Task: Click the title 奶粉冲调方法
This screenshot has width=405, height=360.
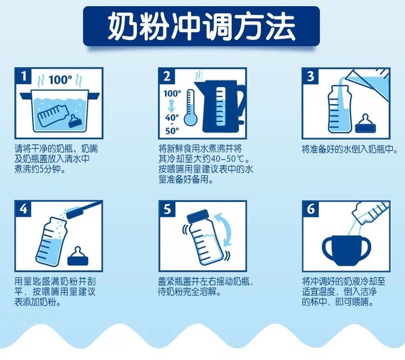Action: (x=201, y=26)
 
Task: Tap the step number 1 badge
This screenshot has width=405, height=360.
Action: (x=23, y=75)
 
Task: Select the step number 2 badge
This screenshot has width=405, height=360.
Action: (x=167, y=76)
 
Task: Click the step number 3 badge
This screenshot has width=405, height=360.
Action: (x=311, y=76)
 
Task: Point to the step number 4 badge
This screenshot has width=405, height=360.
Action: (x=23, y=209)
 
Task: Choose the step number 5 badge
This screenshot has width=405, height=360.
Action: (x=167, y=209)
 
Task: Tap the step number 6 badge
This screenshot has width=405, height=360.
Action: (x=311, y=209)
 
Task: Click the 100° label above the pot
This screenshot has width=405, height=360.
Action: (x=60, y=79)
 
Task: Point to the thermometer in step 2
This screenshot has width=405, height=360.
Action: (x=191, y=107)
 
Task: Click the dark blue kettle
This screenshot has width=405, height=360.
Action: (x=220, y=106)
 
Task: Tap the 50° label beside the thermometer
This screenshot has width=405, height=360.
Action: (x=172, y=131)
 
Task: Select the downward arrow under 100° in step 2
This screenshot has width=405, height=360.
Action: (x=171, y=105)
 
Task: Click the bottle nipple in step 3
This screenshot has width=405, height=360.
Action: (x=365, y=124)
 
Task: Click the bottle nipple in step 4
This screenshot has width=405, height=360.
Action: (x=78, y=256)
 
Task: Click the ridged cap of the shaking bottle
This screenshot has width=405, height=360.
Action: (x=198, y=216)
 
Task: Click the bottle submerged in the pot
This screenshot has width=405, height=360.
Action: (x=53, y=115)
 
